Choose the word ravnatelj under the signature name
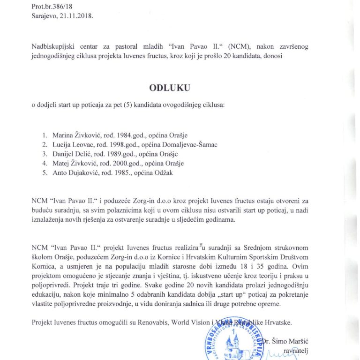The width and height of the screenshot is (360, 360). [x=291, y=350]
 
